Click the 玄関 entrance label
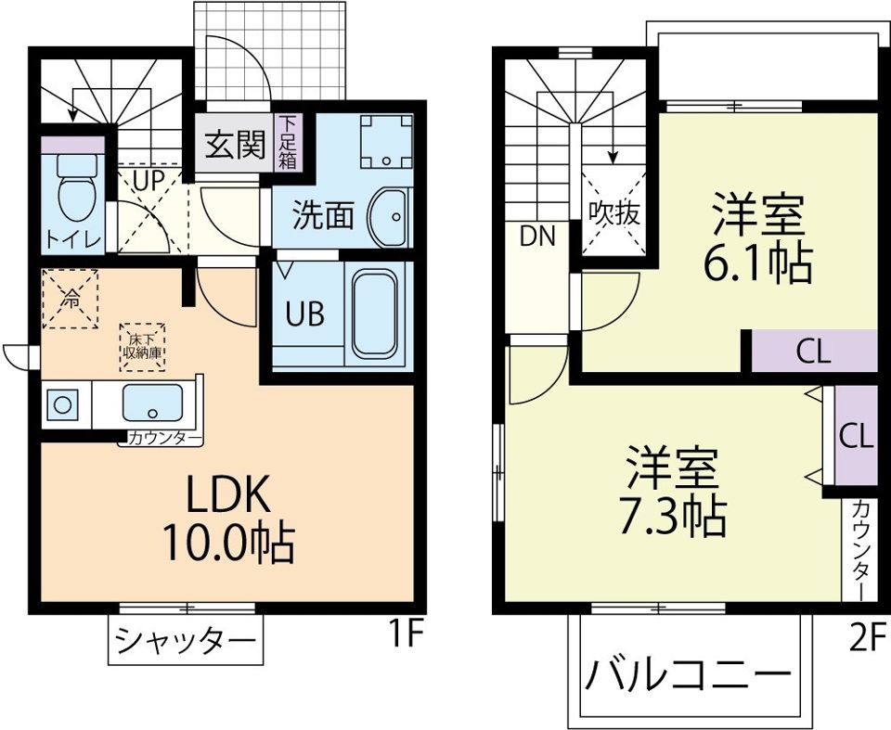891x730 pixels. point(235,145)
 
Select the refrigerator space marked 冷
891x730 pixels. point(71,298)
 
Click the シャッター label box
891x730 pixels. point(184,641)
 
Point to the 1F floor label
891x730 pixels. point(406,636)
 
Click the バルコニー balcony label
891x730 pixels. point(688,674)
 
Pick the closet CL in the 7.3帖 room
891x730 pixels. point(856,435)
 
